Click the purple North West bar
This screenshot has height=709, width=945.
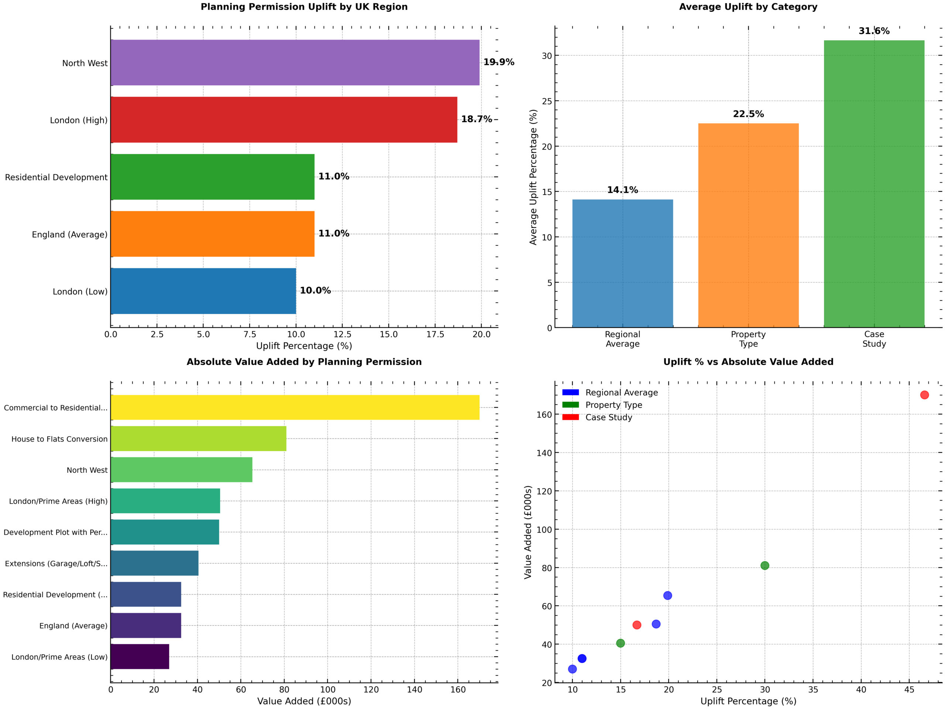click(295, 62)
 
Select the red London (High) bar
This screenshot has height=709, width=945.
click(283, 120)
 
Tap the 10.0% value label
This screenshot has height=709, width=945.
click(315, 290)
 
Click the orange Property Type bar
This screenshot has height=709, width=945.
click(748, 225)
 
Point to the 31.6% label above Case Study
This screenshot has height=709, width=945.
click(874, 31)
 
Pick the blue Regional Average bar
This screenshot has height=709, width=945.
click(622, 263)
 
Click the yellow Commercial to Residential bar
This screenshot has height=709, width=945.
click(295, 407)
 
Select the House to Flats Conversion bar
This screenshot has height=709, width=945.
click(198, 438)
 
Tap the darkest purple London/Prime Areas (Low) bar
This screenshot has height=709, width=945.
click(140, 657)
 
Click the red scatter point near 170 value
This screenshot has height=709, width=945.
click(924, 395)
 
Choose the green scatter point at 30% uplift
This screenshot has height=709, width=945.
click(765, 565)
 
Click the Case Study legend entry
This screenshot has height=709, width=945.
click(608, 417)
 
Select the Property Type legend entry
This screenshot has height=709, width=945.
click(614, 405)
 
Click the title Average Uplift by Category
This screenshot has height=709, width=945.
click(748, 7)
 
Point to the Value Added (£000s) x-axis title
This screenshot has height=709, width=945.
click(304, 701)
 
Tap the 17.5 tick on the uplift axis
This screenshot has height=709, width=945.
click(435, 334)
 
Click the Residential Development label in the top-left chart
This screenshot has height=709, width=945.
click(56, 177)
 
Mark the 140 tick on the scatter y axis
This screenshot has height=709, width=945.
click(544, 453)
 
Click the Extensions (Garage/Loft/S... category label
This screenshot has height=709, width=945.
click(56, 563)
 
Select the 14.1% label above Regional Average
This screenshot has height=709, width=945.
click(622, 190)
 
